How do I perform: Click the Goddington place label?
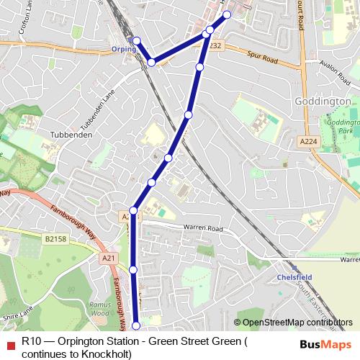pyautogui.click(x=323, y=102)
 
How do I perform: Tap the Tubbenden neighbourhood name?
pyautogui.click(x=69, y=135)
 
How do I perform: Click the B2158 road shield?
pyautogui.click(x=54, y=238)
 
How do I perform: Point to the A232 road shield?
pyautogui.click(x=215, y=45)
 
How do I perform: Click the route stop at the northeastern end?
pyautogui.click(x=227, y=14)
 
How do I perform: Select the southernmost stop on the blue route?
pyautogui.click(x=137, y=328)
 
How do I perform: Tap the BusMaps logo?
pyautogui.click(x=325, y=343)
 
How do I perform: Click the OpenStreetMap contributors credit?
pyautogui.click(x=297, y=323)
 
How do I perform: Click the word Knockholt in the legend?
pyautogui.click(x=106, y=354)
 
